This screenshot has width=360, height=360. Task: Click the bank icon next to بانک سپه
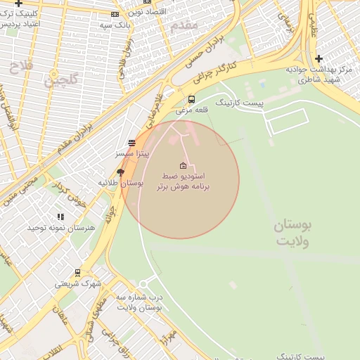pyautogui.click(x=115, y=14)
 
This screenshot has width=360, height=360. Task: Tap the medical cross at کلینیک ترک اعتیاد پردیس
pyautogui.click(x=18, y=4)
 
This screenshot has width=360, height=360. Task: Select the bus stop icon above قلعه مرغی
pyautogui.click(x=191, y=100)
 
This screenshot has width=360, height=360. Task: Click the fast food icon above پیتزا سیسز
pyautogui.click(x=131, y=143)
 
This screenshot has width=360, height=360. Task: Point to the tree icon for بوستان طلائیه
pyautogui.click(x=121, y=172)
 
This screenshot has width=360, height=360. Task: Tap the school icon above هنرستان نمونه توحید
pyautogui.click(x=60, y=217)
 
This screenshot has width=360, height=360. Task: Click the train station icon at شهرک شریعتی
pyautogui.click(x=77, y=273)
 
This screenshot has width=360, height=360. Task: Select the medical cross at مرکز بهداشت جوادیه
pyautogui.click(x=319, y=58)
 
